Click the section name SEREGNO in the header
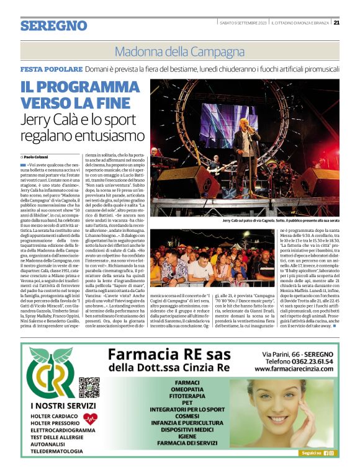(53, 25)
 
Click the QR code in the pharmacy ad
(89, 388)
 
